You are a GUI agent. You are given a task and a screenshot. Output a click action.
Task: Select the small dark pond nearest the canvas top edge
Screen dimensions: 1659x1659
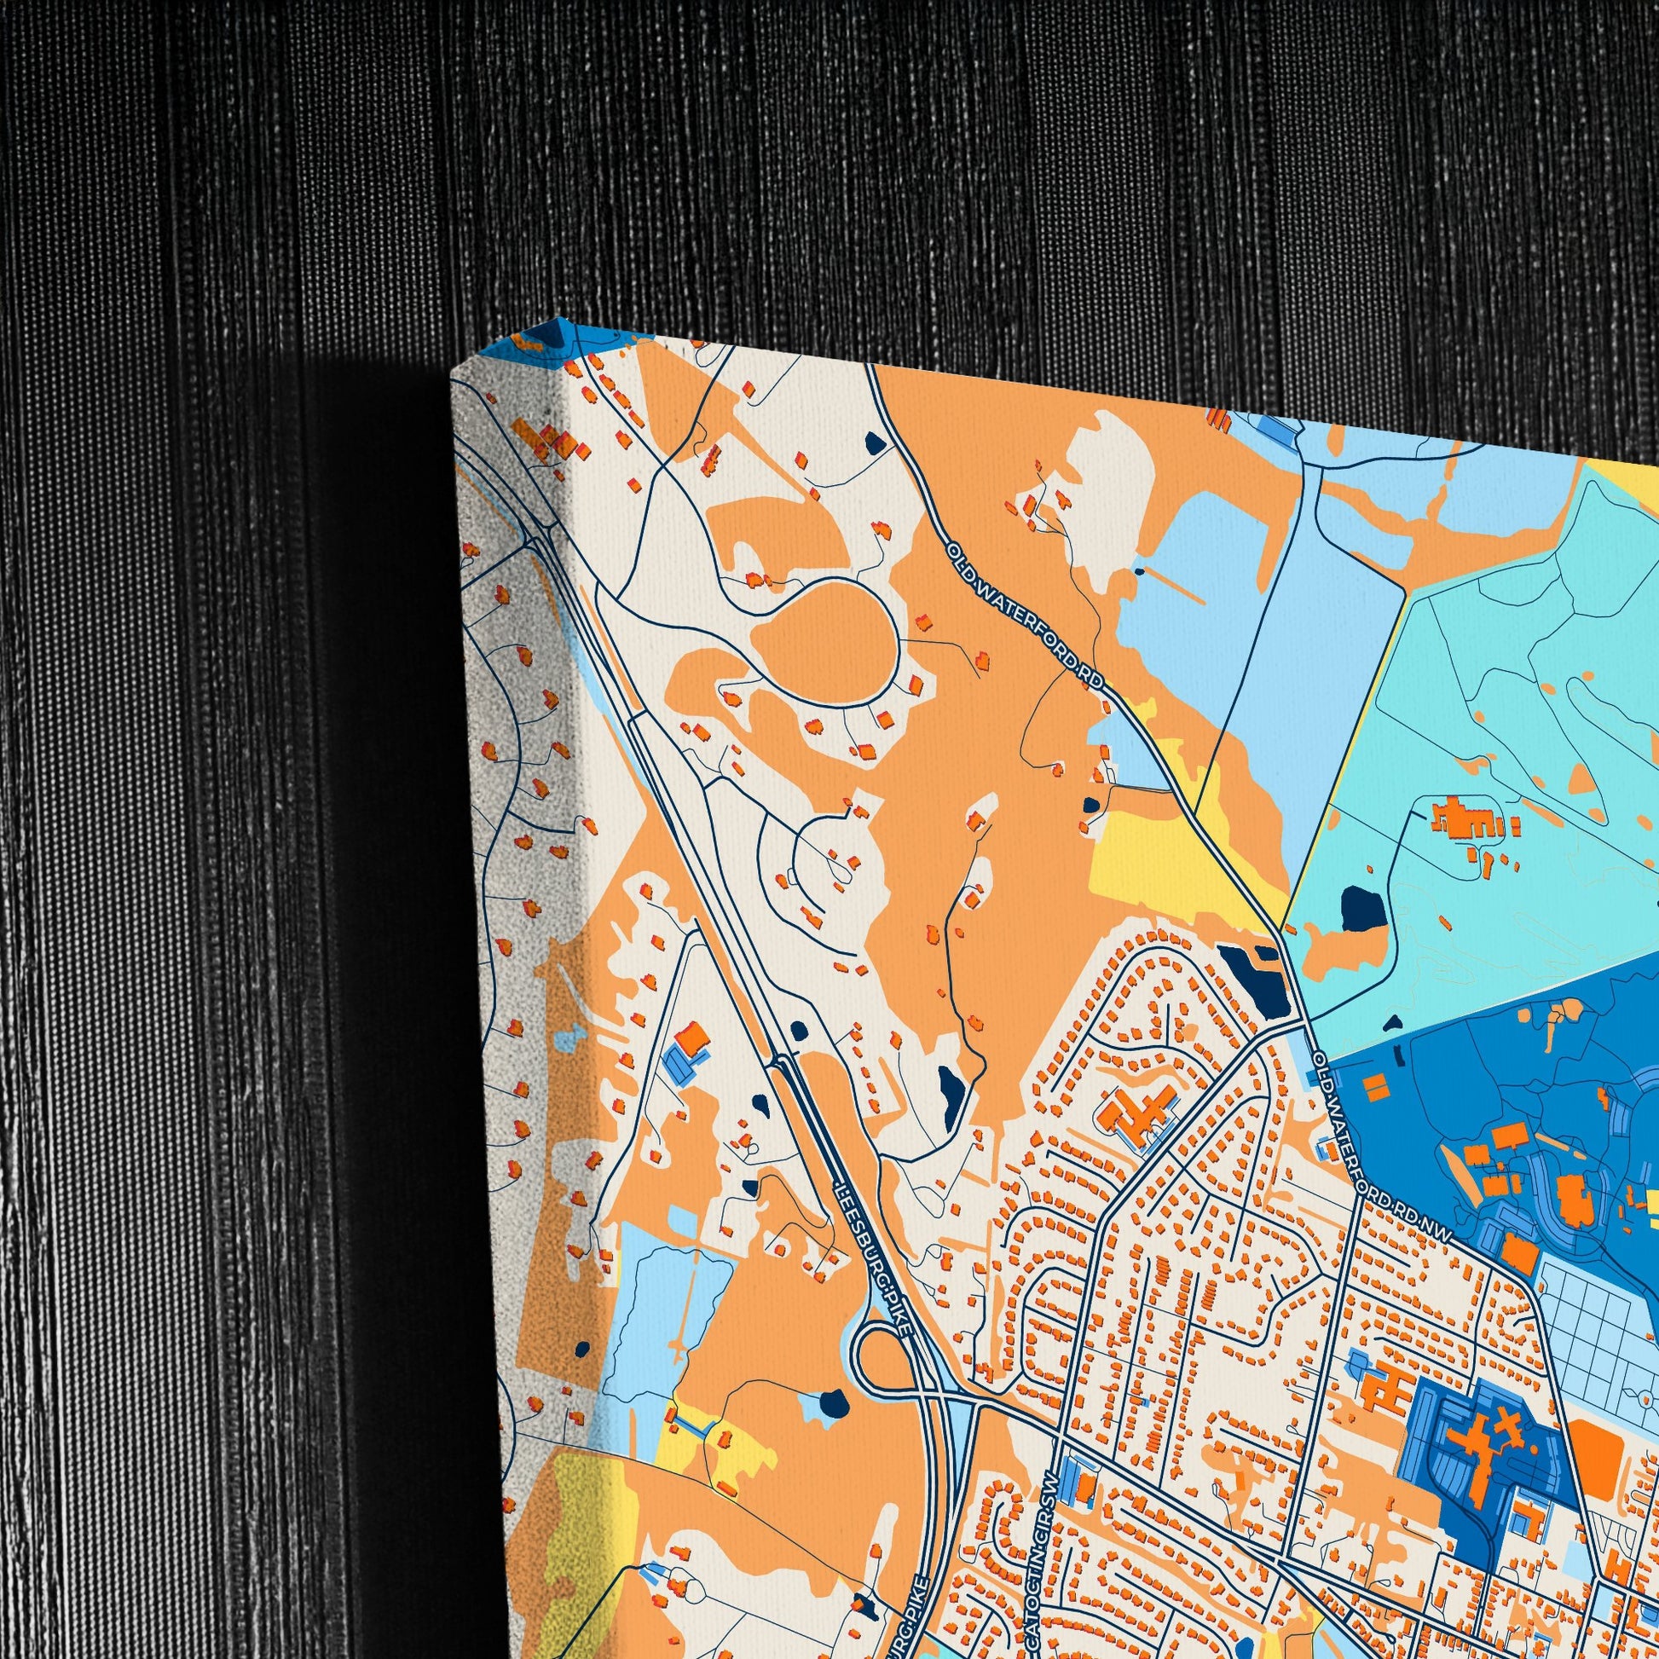(875, 443)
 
